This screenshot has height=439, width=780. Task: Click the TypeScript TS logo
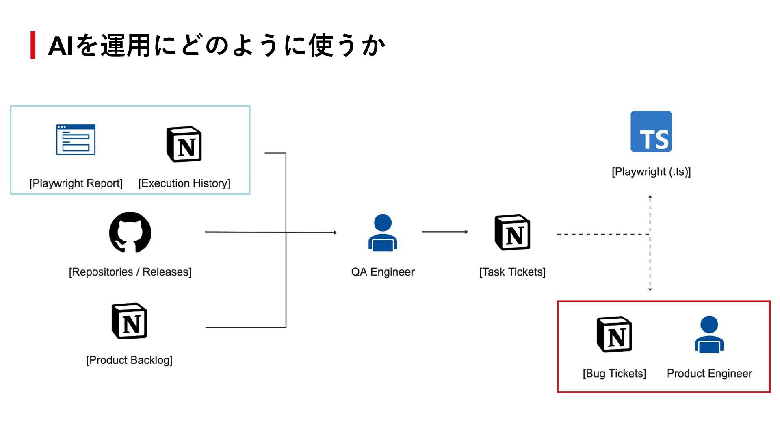point(651,131)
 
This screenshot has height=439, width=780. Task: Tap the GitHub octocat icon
point(130,233)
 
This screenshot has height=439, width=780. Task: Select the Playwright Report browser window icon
point(76,139)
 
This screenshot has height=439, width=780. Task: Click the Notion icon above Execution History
point(184,144)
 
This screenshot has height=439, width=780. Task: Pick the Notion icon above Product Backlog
point(129,321)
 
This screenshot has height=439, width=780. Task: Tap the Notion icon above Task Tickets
point(512,232)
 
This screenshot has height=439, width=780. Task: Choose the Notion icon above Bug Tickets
point(614,334)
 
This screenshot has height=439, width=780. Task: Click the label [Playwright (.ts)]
point(651,172)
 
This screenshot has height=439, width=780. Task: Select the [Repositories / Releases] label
point(130,272)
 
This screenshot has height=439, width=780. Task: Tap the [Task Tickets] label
point(512,272)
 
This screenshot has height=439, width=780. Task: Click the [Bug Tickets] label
point(614,374)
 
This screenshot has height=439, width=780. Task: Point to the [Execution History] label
point(184,183)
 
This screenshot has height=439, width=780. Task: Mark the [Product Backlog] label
point(129,360)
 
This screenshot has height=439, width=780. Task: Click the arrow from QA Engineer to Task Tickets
point(445,232)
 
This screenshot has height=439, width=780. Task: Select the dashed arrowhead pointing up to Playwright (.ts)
point(650,197)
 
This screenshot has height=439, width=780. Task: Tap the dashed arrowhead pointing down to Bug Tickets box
point(650,289)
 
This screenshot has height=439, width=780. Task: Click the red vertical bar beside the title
point(33,45)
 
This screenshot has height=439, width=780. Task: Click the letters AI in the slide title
point(61,46)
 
